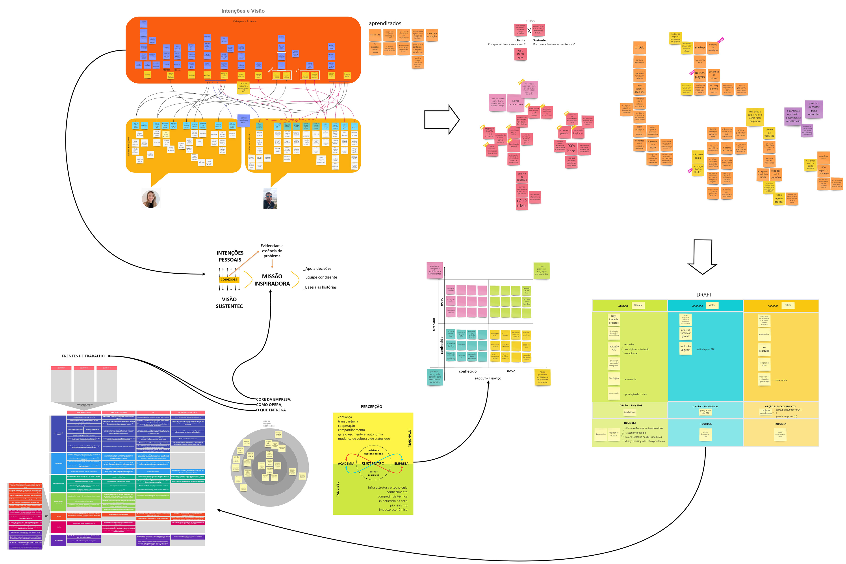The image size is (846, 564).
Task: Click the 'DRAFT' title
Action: click(x=704, y=295)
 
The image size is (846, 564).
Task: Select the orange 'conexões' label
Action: click(x=229, y=280)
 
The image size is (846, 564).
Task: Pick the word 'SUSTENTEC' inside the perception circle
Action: click(x=373, y=464)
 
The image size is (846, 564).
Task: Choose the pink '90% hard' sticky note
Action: click(x=571, y=148)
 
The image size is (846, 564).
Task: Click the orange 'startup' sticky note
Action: click(x=700, y=48)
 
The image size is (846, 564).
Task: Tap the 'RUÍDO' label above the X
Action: click(x=530, y=21)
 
